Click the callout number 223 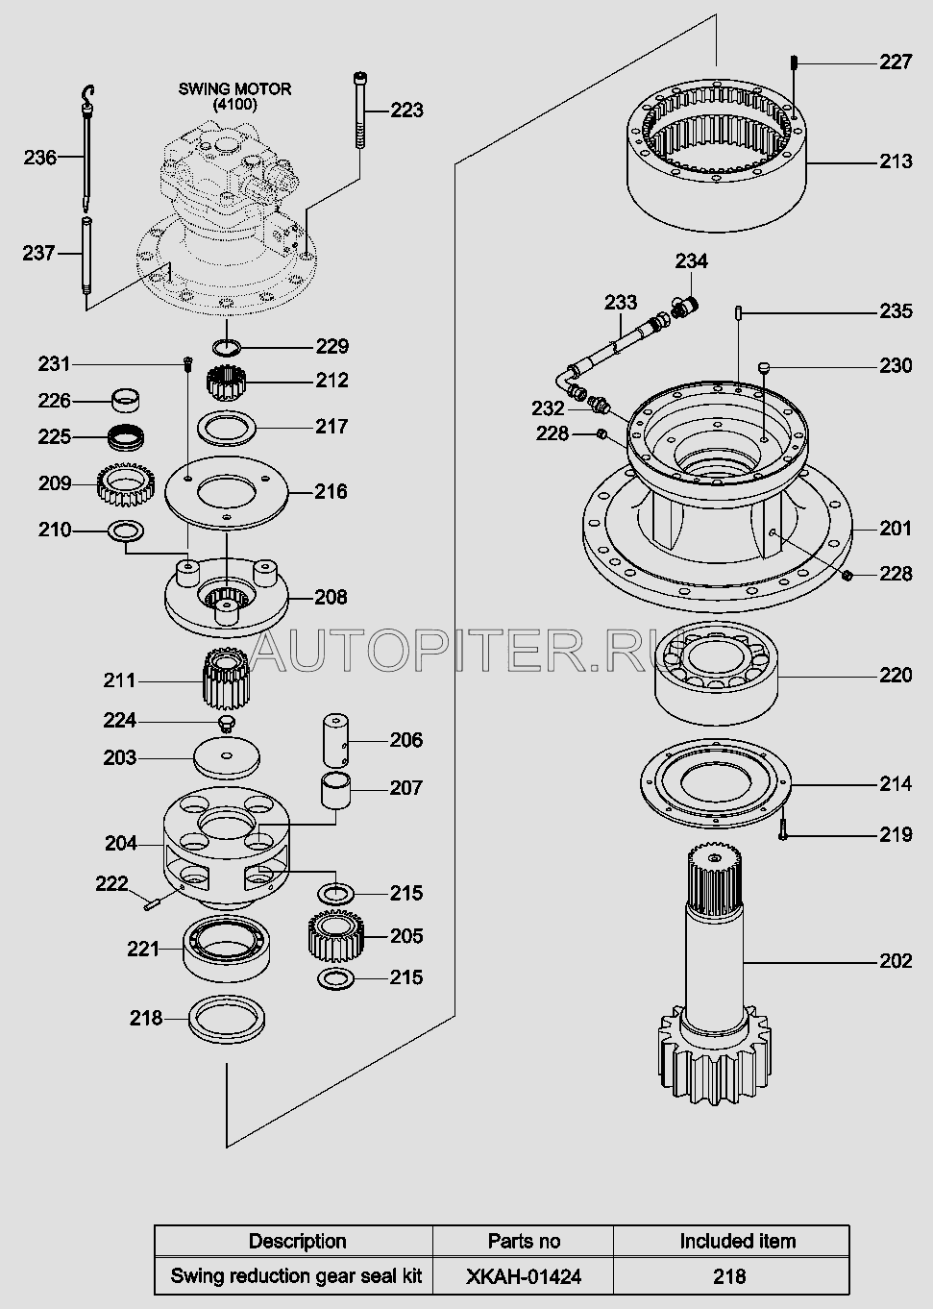[406, 111]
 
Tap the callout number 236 [39, 157]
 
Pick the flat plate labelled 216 [226, 491]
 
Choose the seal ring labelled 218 [228, 1018]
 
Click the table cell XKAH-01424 [523, 1276]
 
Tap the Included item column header [737, 1241]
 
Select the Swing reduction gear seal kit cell [296, 1276]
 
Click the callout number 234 [691, 261]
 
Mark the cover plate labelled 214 [717, 783]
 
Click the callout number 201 [896, 528]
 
